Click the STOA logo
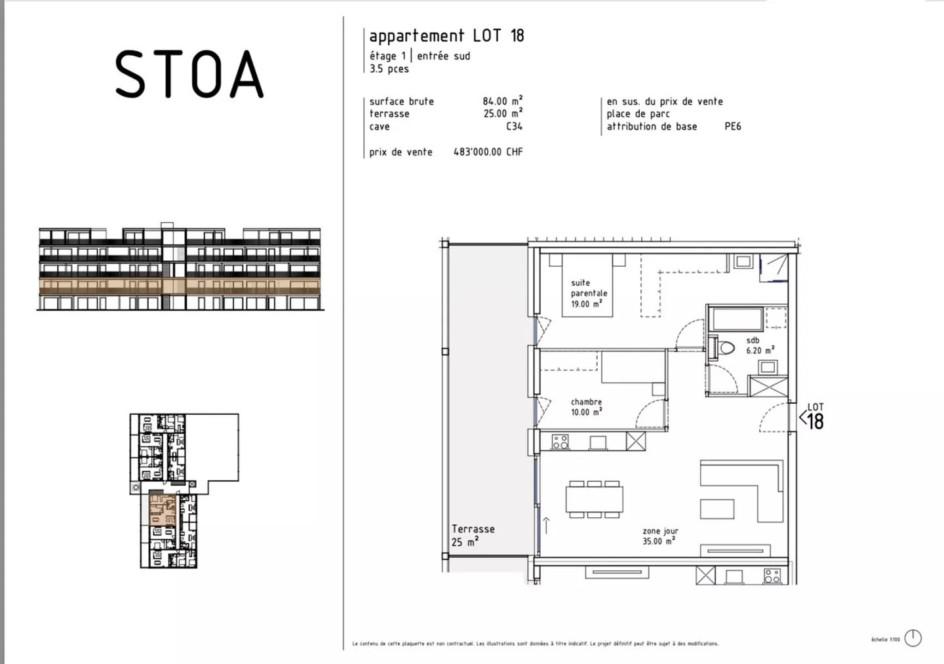pyautogui.click(x=189, y=75)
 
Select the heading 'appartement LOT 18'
pyautogui.click(x=446, y=35)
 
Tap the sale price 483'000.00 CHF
pyautogui.click(x=488, y=152)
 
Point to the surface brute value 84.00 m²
pyautogui.click(x=502, y=102)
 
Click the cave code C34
pyautogui.click(x=514, y=127)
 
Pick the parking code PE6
pyautogui.click(x=732, y=127)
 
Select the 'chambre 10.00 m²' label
pyautogui.click(x=586, y=407)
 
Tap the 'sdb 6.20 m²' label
pyautogui.click(x=759, y=346)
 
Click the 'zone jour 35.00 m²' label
pyautogui.click(x=659, y=536)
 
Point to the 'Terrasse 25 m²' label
pyautogui.click(x=473, y=535)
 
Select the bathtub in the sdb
pyautogui.click(x=737, y=320)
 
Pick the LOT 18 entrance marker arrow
pyautogui.click(x=802, y=417)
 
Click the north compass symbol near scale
pyautogui.click(x=913, y=638)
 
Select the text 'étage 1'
pyautogui.click(x=387, y=56)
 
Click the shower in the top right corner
pyautogui.click(x=774, y=267)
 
